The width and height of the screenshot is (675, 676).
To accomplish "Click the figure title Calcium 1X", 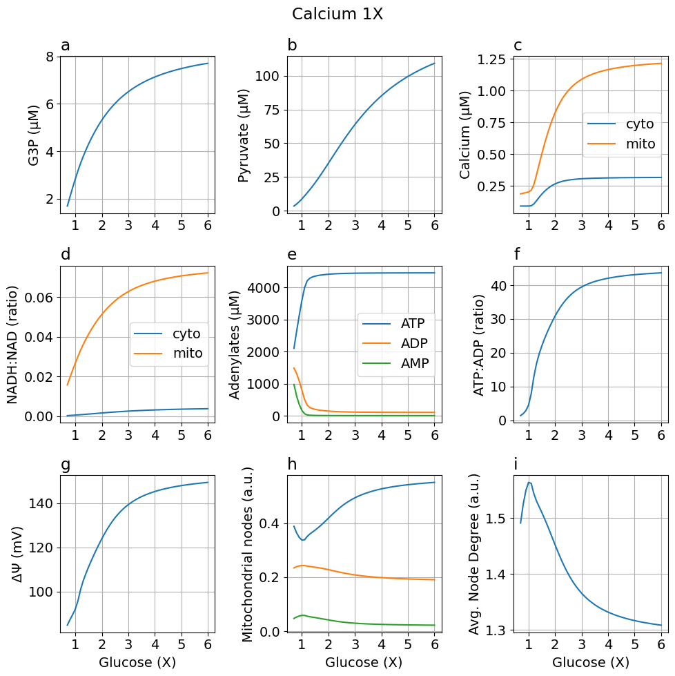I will (x=337, y=15).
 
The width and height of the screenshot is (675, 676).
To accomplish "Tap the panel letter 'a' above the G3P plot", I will (x=66, y=46).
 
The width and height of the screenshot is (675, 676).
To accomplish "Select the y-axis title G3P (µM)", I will (x=33, y=135).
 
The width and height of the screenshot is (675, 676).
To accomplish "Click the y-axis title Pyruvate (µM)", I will (x=243, y=135).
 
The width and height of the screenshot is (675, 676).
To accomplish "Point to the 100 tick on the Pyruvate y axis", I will (x=266, y=76).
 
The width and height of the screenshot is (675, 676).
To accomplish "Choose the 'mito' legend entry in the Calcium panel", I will (x=640, y=144).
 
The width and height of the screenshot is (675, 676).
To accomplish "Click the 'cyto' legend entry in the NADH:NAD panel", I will (x=186, y=334).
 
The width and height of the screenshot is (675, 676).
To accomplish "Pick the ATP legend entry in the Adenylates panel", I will (x=413, y=323).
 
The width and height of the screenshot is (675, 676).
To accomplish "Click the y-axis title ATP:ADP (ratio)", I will (x=479, y=345).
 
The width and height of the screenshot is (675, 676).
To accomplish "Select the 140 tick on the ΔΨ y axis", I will (x=40, y=503).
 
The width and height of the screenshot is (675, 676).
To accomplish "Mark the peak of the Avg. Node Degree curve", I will (x=529, y=483).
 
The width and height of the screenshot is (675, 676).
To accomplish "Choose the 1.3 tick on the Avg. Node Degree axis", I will (x=496, y=630).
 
